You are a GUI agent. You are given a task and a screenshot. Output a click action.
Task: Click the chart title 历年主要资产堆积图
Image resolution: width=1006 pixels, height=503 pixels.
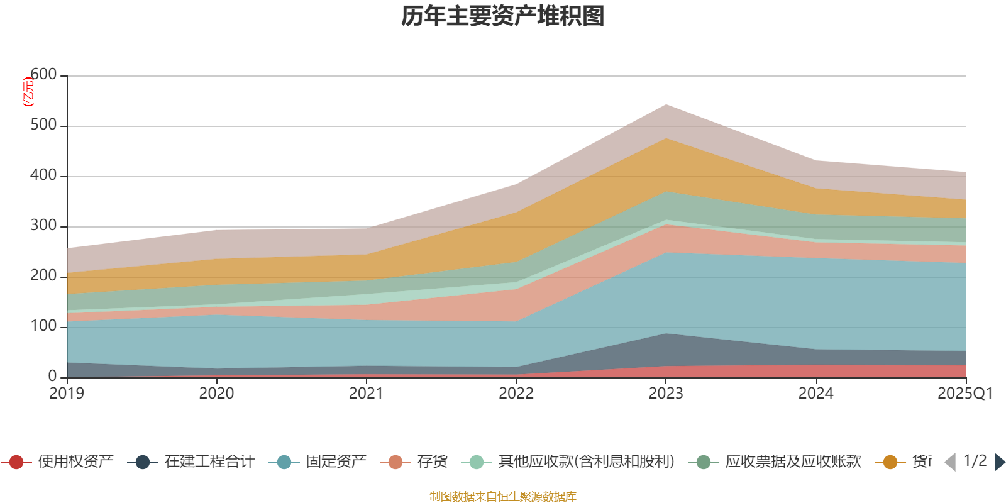[x=503, y=16]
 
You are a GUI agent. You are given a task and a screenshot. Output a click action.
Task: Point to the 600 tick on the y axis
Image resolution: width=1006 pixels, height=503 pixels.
[x=43, y=75]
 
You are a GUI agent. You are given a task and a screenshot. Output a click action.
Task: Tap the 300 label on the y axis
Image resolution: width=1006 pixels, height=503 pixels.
[x=43, y=226]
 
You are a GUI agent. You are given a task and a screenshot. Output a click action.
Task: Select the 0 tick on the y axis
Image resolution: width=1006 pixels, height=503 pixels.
[x=52, y=377]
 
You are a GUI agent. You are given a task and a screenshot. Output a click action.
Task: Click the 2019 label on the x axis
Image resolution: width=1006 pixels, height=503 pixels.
[x=67, y=394]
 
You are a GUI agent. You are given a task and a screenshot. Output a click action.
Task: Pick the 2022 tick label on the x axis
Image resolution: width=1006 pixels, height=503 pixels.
[x=516, y=394]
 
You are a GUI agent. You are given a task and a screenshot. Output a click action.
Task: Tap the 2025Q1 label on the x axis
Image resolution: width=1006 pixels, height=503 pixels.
[x=965, y=394]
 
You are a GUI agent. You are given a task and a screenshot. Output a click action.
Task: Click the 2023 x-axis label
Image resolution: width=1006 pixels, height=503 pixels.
[x=666, y=394]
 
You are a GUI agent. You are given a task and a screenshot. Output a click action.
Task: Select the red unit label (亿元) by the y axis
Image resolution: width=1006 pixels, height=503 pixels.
[x=28, y=92]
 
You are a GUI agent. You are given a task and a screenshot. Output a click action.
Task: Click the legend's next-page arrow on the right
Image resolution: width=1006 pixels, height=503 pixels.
[x=999, y=462]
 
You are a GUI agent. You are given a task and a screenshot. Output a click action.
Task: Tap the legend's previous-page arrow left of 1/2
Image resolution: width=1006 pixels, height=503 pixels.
[x=950, y=462]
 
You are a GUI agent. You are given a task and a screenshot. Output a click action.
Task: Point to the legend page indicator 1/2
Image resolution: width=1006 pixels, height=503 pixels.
[x=975, y=461]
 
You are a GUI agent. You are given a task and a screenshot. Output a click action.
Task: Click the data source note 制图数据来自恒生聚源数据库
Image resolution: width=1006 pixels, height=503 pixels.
[x=503, y=497]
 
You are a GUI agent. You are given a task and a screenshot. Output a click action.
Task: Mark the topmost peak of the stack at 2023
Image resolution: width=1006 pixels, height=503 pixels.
[x=666, y=104]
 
